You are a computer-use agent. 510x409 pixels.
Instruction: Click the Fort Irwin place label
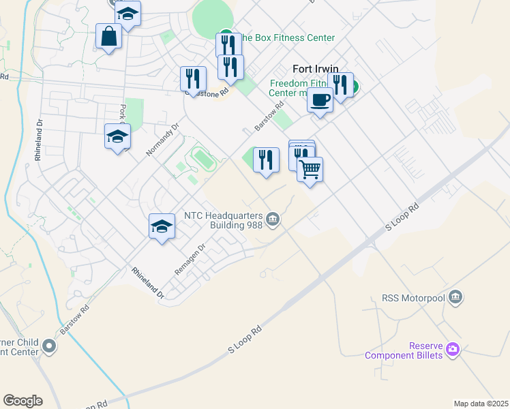click(x=316, y=69)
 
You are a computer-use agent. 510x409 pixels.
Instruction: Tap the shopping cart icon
click(x=310, y=168)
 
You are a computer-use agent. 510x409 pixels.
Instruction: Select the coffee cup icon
click(x=320, y=100)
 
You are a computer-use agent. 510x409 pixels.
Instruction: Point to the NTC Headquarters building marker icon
click(x=273, y=219)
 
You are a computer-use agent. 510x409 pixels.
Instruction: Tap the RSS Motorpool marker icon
click(x=456, y=297)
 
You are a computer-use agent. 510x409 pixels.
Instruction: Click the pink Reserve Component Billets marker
click(x=453, y=350)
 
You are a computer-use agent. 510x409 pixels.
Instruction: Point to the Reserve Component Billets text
click(x=404, y=350)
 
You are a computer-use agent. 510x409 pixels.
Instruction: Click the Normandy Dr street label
click(x=162, y=139)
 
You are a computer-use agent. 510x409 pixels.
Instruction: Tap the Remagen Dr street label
click(x=190, y=260)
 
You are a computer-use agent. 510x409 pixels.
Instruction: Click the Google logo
click(x=22, y=401)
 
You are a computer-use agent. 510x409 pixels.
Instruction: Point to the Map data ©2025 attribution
click(x=480, y=404)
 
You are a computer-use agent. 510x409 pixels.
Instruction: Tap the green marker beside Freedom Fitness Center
click(x=355, y=87)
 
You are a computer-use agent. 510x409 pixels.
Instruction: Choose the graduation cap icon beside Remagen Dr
click(x=162, y=226)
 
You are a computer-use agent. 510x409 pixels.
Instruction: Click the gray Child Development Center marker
click(x=48, y=346)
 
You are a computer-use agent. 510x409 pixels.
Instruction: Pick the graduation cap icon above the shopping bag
click(x=127, y=13)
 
